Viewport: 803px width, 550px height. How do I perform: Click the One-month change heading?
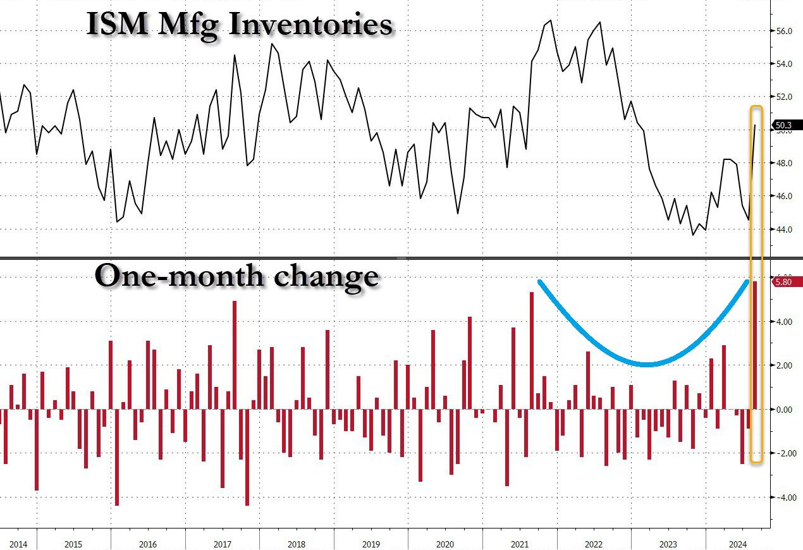point(236,276)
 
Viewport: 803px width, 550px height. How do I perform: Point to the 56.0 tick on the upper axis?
point(785,31)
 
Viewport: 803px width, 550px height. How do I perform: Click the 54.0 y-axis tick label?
point(785,64)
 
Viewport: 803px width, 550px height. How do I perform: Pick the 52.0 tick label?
point(785,97)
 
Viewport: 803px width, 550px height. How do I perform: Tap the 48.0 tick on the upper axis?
point(785,163)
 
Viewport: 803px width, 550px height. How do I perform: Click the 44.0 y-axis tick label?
point(785,229)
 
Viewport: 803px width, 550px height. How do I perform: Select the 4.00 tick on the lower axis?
point(785,322)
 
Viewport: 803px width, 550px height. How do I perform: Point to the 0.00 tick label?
point(785,410)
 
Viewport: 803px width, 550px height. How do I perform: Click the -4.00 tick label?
point(784,498)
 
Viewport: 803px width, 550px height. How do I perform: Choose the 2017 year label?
point(222,543)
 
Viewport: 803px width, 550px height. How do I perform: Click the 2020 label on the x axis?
point(445,543)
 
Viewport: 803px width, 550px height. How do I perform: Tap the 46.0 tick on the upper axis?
point(785,196)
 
